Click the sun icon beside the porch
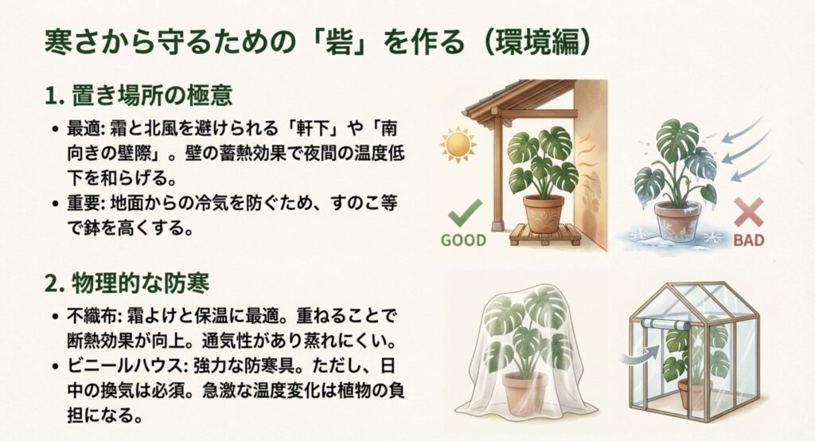click(x=459, y=145)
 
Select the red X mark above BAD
click(x=748, y=213)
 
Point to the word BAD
click(x=748, y=240)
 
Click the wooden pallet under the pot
click(x=543, y=234)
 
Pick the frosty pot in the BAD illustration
click(x=677, y=220)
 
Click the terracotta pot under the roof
click(x=544, y=213)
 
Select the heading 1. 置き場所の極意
click(x=138, y=96)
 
